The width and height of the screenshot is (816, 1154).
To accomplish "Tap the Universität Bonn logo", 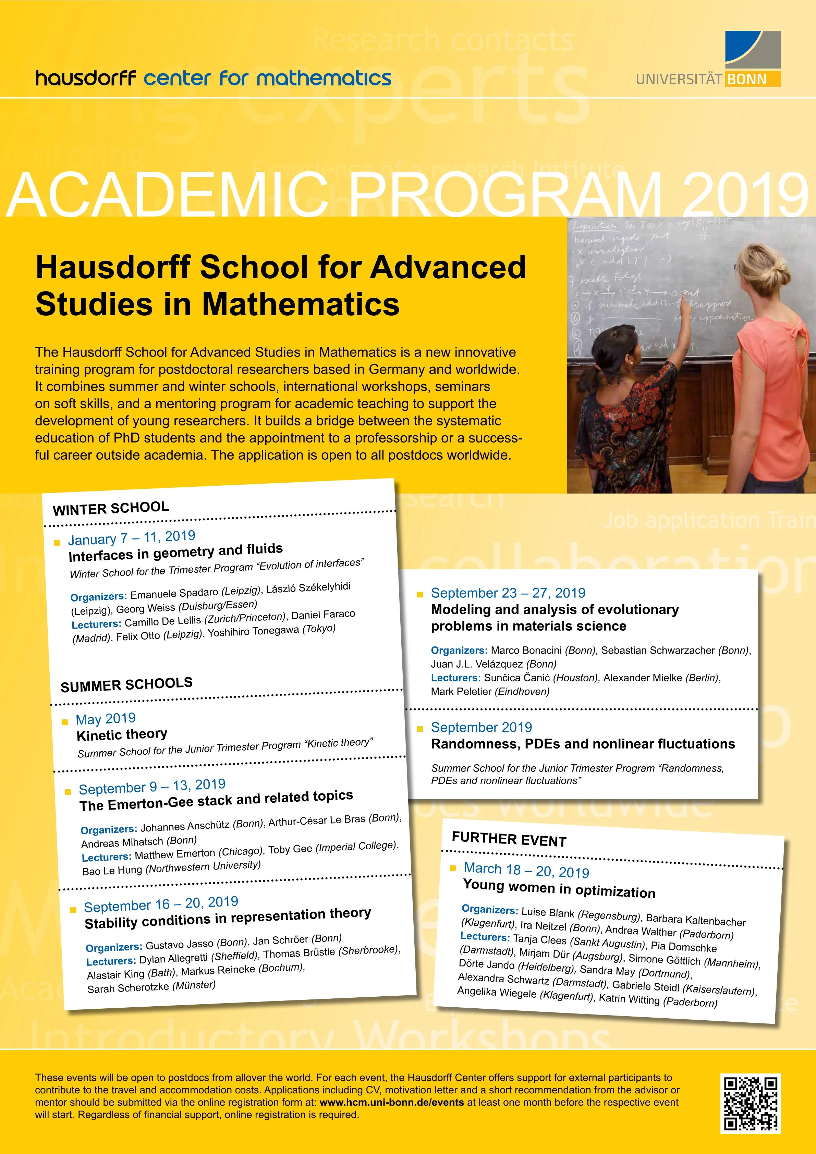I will [x=708, y=59].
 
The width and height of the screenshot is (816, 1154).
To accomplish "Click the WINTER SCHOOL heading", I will [x=111, y=508].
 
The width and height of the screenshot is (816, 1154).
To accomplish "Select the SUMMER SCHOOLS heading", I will [x=126, y=684].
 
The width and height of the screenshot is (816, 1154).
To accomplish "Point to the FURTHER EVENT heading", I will [x=509, y=839].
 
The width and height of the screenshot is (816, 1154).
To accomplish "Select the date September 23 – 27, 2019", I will [x=508, y=593].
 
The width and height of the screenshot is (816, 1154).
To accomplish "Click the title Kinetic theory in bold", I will [x=122, y=734].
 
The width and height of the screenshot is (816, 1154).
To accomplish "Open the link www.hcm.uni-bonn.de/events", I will [x=391, y=1102].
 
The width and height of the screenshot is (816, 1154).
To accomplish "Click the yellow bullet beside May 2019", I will [x=65, y=722].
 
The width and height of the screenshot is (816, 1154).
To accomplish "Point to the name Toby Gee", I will [x=290, y=849].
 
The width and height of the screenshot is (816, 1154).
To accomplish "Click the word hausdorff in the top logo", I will [x=85, y=78].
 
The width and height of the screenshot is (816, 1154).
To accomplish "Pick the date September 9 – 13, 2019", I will [x=152, y=786].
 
